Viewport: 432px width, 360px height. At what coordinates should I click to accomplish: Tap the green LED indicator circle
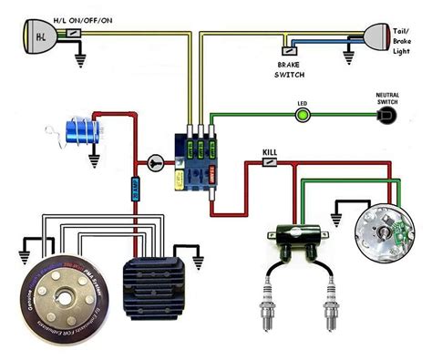click(x=302, y=116)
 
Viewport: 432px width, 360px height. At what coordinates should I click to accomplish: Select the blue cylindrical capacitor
click(x=82, y=133)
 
